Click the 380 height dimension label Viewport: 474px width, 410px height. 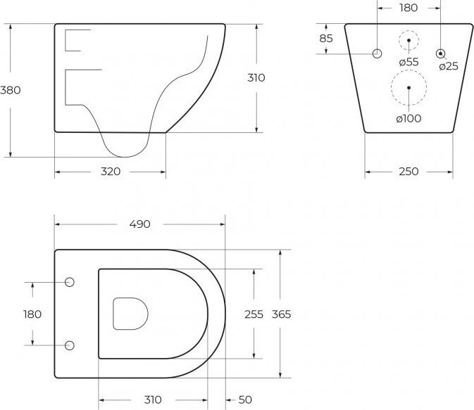pos(11,90)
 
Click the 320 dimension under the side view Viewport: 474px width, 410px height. pos(111,172)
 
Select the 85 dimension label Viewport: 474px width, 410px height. pos(326,39)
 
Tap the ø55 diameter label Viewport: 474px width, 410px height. pos(408,62)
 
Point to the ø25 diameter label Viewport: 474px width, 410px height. pos(449,66)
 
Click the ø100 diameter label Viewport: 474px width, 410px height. pos(408,118)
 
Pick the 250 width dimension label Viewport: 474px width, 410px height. pos(408,172)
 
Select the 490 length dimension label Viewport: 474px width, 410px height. pos(139,224)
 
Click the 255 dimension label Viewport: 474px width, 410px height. pos(254,314)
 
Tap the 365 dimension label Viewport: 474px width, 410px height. pos(281,314)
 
